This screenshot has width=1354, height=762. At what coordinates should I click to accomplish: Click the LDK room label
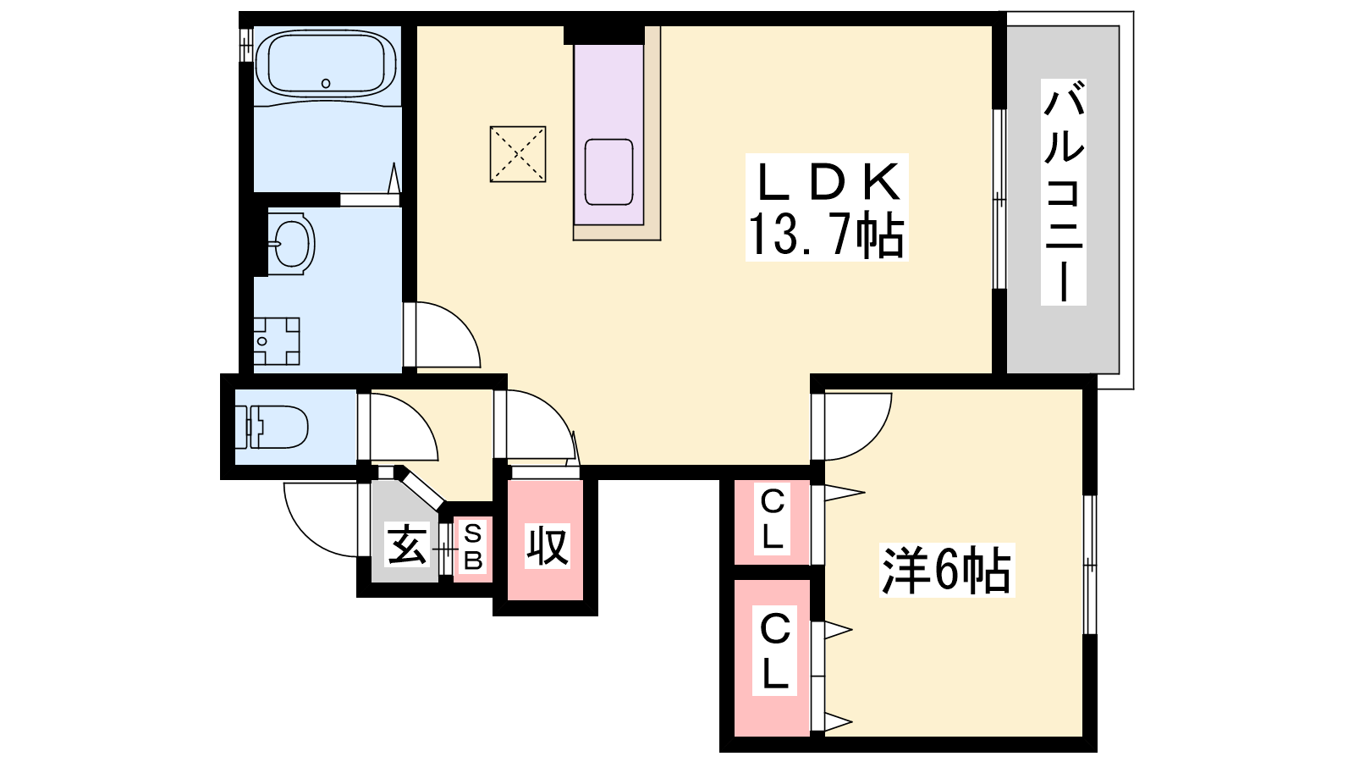coord(827,183)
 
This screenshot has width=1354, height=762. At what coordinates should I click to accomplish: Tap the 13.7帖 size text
coord(826,235)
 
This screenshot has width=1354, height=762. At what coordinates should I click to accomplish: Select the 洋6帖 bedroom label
coord(947,570)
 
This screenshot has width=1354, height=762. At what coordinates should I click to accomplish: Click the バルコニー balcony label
coord(1063,192)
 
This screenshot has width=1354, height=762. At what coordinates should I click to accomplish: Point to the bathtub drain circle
coord(326,84)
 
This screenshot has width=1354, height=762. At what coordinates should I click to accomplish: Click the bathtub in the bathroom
coord(326,64)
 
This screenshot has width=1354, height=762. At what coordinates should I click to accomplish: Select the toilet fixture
coord(272,427)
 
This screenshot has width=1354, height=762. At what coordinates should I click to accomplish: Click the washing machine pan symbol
coord(276,341)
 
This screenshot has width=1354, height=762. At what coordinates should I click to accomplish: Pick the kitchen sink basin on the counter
coord(608,172)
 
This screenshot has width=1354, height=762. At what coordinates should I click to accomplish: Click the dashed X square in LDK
coord(518,154)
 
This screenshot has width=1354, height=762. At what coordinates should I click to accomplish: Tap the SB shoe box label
coord(473,548)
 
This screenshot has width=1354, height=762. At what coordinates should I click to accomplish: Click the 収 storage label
coord(547,546)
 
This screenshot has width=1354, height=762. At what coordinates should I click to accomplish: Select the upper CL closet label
coord(773,520)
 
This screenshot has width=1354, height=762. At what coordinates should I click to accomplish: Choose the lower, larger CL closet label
coord(775,651)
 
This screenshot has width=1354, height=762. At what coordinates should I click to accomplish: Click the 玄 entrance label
coord(407,544)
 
